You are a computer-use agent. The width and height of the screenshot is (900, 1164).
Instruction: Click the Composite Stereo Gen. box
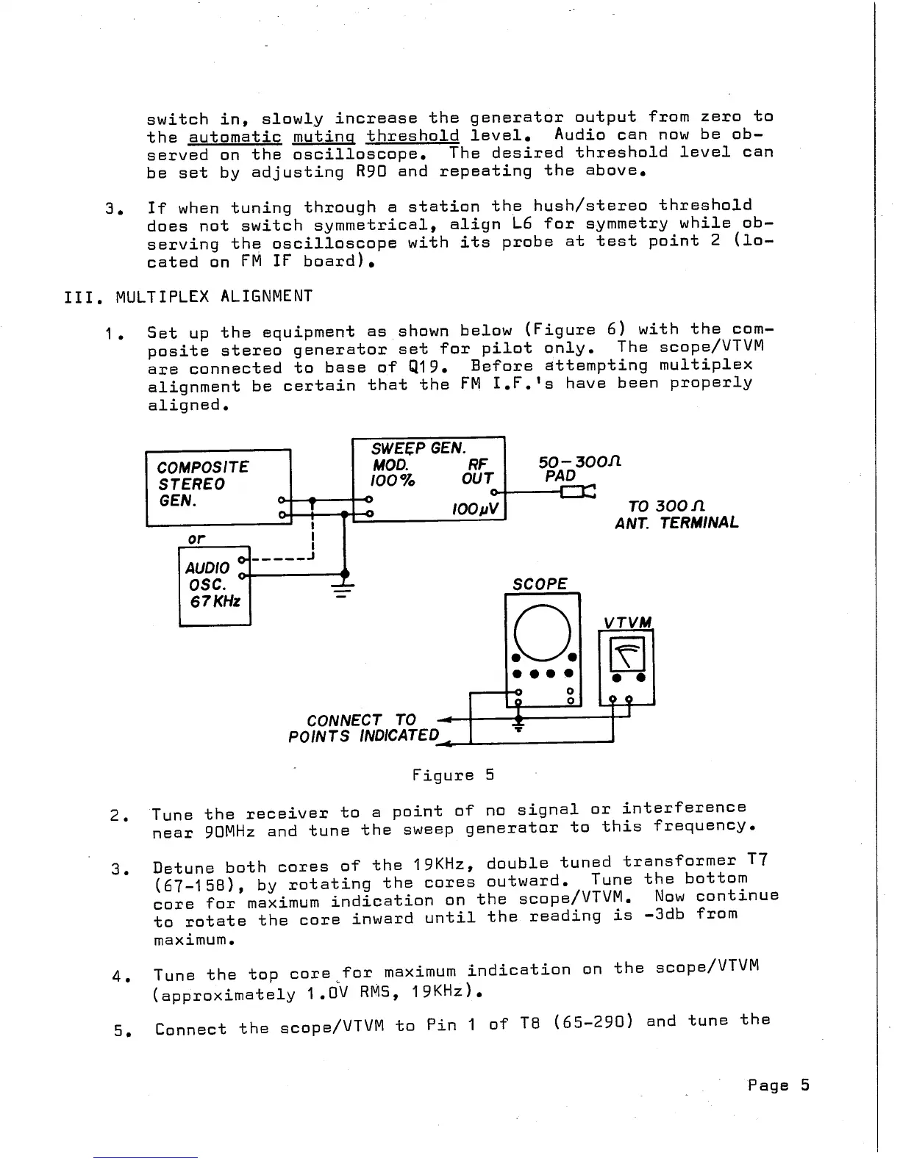(218, 486)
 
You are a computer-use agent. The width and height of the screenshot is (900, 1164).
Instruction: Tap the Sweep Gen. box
(428, 478)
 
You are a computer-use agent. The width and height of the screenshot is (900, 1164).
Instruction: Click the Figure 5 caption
(453, 775)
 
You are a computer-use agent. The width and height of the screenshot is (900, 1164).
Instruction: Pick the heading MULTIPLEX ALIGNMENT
(214, 296)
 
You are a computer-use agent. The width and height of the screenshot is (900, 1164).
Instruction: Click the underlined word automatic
(235, 137)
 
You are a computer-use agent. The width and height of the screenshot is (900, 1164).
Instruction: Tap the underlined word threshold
(413, 136)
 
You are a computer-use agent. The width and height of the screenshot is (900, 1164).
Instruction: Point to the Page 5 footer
(778, 1085)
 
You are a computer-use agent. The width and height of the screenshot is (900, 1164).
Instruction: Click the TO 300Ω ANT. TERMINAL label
(676, 514)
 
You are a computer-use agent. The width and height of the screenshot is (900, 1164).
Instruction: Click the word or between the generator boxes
(196, 539)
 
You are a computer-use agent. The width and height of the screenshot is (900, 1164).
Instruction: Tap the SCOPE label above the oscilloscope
(540, 584)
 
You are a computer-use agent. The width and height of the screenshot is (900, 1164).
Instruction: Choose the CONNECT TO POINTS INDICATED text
(363, 727)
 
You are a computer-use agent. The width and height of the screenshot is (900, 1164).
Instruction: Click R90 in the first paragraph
(371, 171)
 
